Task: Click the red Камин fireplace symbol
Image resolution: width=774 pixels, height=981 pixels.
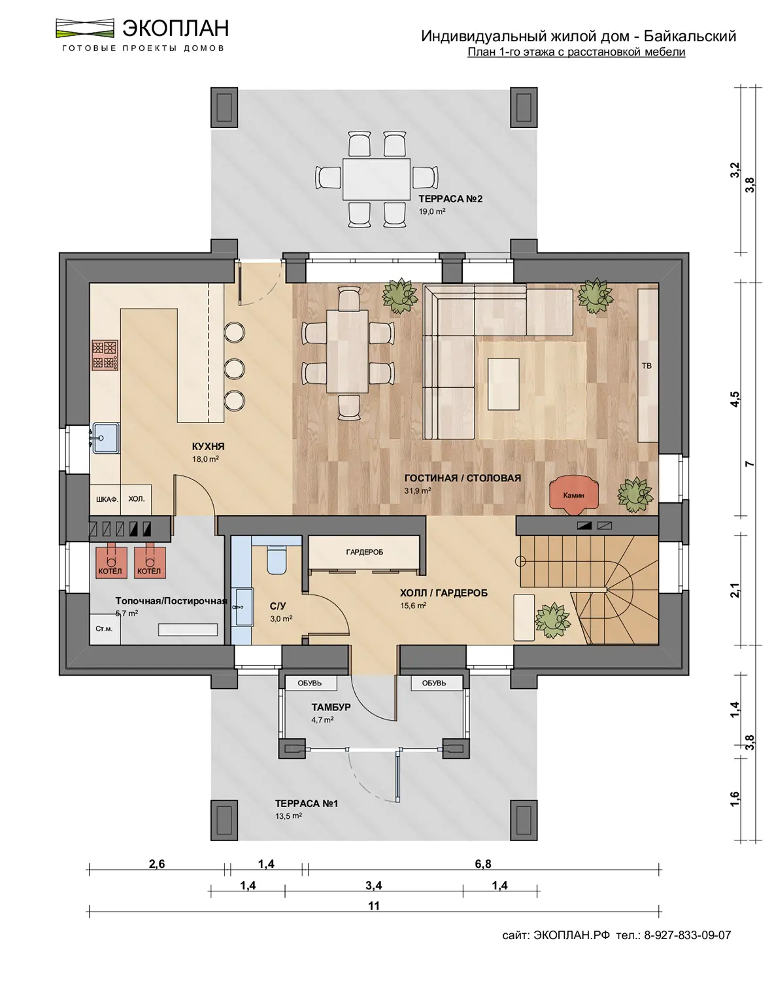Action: [x=573, y=495]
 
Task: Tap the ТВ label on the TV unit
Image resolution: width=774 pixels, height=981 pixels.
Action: [x=647, y=366]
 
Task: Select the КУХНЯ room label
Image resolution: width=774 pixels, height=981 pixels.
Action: [x=208, y=446]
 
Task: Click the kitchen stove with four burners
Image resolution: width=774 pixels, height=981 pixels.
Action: [x=105, y=355]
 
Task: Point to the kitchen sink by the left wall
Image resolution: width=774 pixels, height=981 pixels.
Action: [x=106, y=438]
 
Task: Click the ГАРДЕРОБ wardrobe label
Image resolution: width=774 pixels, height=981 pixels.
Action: [x=364, y=552]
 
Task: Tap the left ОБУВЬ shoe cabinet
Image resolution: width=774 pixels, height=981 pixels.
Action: [x=311, y=683]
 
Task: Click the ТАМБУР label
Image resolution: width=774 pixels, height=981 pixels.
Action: [x=331, y=707]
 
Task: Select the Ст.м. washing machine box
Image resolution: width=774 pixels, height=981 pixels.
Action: [x=105, y=629]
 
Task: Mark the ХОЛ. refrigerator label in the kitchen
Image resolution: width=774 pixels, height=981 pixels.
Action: [x=136, y=499]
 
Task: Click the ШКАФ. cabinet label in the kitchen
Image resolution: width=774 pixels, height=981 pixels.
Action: [x=107, y=499]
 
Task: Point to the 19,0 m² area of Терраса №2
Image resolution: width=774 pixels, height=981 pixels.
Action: [x=432, y=211]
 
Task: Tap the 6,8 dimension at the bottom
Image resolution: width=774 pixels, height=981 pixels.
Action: [x=483, y=864]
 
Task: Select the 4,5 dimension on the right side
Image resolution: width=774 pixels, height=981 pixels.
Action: [x=735, y=399]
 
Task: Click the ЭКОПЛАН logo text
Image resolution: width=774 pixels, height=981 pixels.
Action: [x=175, y=28]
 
